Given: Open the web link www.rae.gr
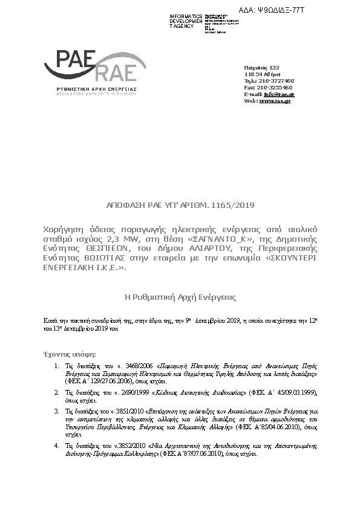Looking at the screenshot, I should click(x=275, y=101).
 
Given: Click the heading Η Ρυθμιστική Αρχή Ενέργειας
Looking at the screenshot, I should click(x=180, y=297).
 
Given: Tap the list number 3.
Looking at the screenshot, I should click(x=56, y=411).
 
